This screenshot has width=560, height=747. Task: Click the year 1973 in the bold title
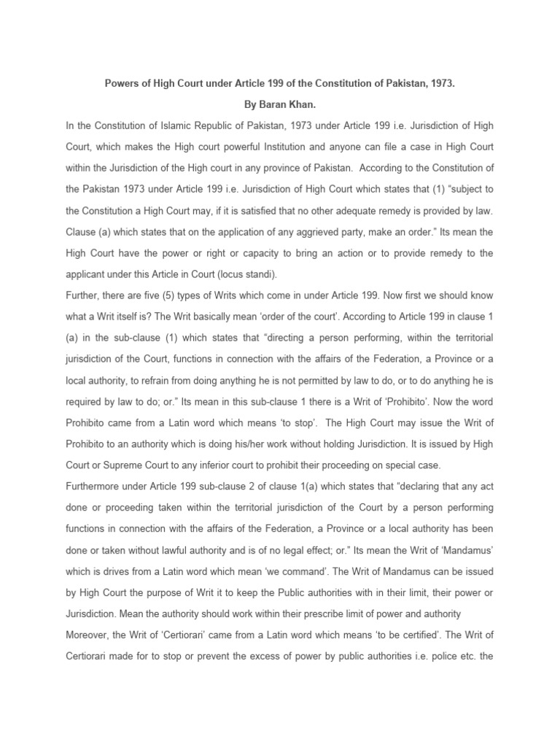(x=439, y=84)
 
